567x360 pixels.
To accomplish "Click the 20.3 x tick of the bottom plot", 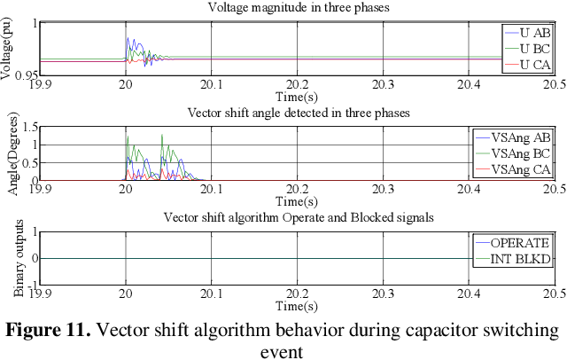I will click(382, 294).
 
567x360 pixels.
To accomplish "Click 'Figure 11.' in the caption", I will click(49, 331).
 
